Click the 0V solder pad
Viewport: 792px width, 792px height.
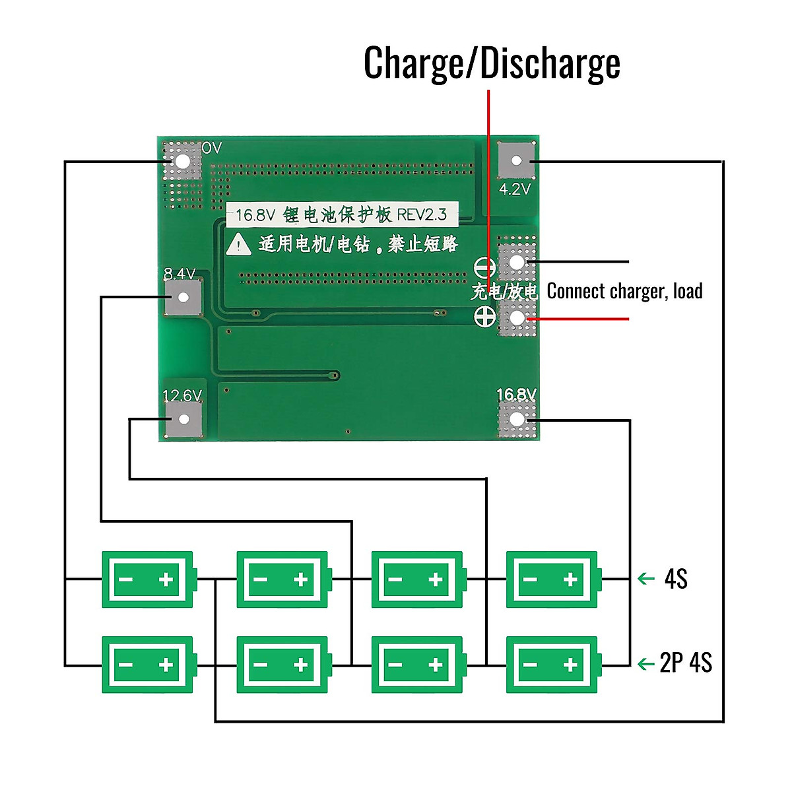point(181,161)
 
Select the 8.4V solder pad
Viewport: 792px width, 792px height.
point(183,298)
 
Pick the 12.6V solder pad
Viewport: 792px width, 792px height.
point(184,420)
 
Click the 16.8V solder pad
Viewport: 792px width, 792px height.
point(517,419)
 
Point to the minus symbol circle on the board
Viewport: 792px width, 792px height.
point(485,268)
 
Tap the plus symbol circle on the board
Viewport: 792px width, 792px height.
point(485,317)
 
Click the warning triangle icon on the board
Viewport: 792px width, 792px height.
point(238,245)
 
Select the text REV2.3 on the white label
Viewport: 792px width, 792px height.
point(422,214)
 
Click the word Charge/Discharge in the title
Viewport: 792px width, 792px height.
point(492,63)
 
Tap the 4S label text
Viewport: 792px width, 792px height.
point(676,579)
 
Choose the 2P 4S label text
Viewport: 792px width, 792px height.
point(686,663)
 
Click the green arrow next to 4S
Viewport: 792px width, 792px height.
point(646,579)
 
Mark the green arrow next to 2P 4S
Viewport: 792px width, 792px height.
point(646,663)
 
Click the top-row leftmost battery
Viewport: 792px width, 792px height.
point(148,579)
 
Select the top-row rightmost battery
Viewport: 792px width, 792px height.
point(553,579)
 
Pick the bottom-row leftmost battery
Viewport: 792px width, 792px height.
point(148,665)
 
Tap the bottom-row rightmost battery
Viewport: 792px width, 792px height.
point(553,665)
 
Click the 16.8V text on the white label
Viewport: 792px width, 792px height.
point(255,215)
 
